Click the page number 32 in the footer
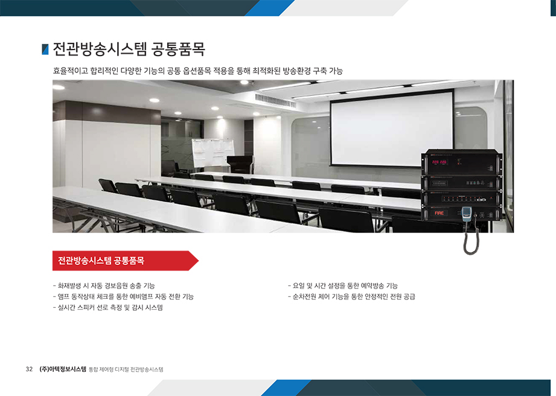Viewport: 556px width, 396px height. click(x=29, y=369)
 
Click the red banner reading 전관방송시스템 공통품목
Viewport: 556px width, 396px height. click(x=125, y=261)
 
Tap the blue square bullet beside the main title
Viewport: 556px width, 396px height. click(x=45, y=49)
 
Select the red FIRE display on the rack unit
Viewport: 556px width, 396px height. click(x=439, y=213)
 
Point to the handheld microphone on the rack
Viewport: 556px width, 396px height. click(x=466, y=214)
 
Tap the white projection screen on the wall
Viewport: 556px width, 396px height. click(x=391, y=129)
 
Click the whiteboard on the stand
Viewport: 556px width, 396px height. click(x=212, y=153)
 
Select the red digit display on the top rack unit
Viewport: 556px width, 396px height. click(x=439, y=162)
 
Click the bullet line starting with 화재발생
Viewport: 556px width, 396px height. click(x=104, y=286)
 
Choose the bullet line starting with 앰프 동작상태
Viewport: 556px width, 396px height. click(x=123, y=296)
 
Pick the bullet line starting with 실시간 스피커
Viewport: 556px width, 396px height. click(x=108, y=307)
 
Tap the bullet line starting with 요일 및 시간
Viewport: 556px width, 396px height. click(x=343, y=286)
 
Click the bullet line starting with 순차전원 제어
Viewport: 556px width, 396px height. click(x=351, y=296)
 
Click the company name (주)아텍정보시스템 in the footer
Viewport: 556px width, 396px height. click(x=63, y=369)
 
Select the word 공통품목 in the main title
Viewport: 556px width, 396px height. click(x=178, y=49)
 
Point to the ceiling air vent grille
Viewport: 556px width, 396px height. click(x=275, y=100)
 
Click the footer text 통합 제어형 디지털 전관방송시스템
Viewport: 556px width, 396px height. click(x=126, y=369)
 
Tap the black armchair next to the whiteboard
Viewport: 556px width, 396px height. click(x=240, y=165)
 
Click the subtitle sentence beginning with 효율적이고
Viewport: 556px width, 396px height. click(x=198, y=71)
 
